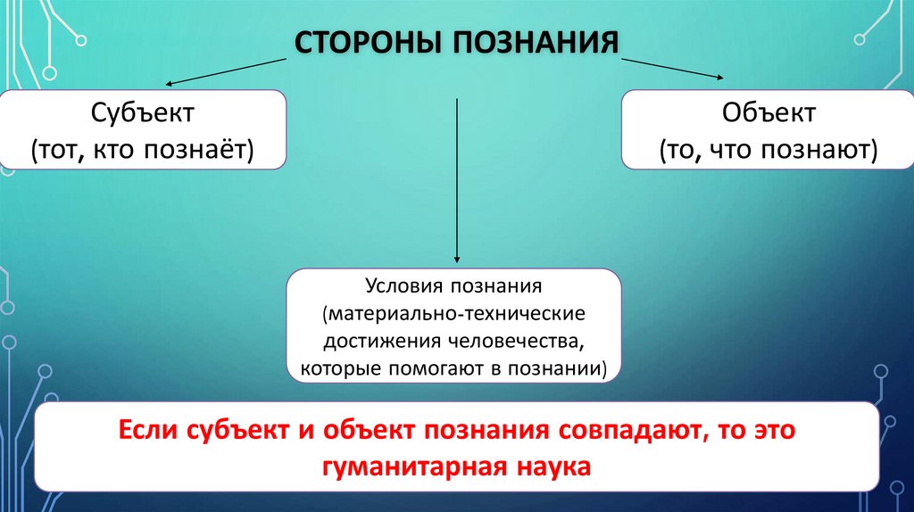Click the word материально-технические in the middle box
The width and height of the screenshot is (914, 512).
click(455, 315)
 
